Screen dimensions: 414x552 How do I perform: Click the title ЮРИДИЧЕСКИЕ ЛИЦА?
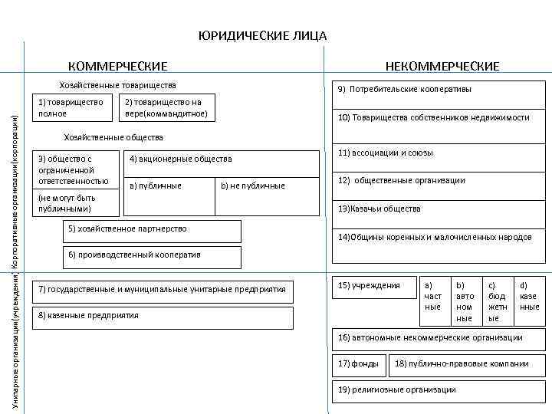[x=262, y=36]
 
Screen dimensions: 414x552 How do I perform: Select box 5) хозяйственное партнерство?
[x=150, y=229]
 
